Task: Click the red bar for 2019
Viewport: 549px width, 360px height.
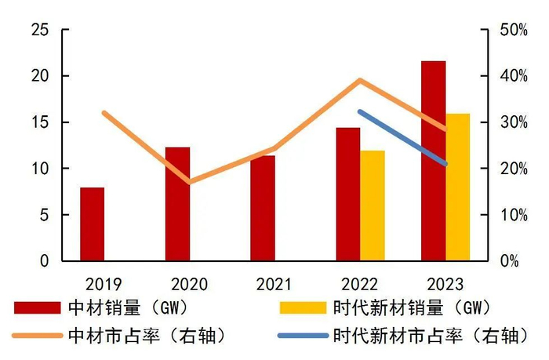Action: pyautogui.click(x=92, y=224)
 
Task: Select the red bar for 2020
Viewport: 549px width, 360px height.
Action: pyautogui.click(x=177, y=204)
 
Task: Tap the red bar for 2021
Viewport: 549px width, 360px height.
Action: pyautogui.click(x=263, y=209)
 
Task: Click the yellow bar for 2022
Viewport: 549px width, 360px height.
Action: pyautogui.click(x=373, y=205)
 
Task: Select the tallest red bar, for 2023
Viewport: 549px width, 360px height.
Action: pyautogui.click(x=433, y=161)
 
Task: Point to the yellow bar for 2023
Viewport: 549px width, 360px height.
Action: pyautogui.click(x=458, y=187)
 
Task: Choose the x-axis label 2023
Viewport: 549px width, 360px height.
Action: pyautogui.click(x=444, y=284)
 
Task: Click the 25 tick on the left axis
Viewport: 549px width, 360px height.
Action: pyautogui.click(x=39, y=30)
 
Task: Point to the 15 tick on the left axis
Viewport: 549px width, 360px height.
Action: pyautogui.click(x=39, y=122)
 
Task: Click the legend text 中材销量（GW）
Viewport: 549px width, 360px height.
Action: pyautogui.click(x=137, y=307)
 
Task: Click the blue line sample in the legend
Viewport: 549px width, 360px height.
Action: pyautogui.click(x=303, y=336)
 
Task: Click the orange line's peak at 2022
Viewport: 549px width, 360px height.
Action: pyautogui.click(x=359, y=80)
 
